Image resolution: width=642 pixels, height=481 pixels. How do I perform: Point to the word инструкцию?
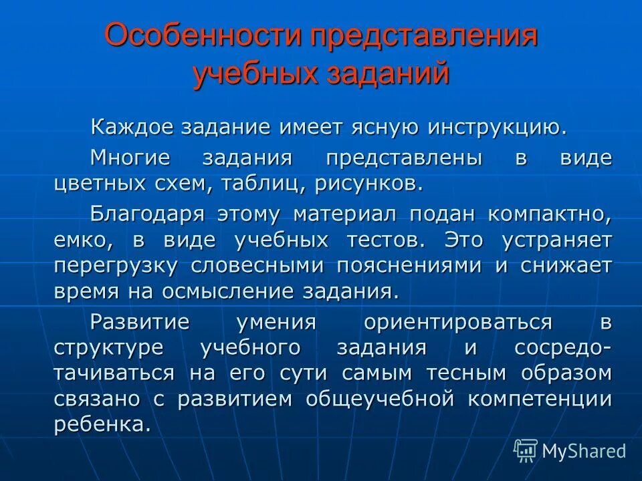(494, 128)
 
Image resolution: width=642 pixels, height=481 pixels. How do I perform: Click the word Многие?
(130, 159)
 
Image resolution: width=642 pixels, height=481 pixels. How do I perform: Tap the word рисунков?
(367, 182)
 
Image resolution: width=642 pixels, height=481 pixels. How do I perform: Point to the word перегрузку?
(116, 265)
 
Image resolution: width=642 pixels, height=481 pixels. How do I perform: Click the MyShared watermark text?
(584, 451)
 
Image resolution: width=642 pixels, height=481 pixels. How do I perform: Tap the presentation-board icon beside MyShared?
(526, 451)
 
